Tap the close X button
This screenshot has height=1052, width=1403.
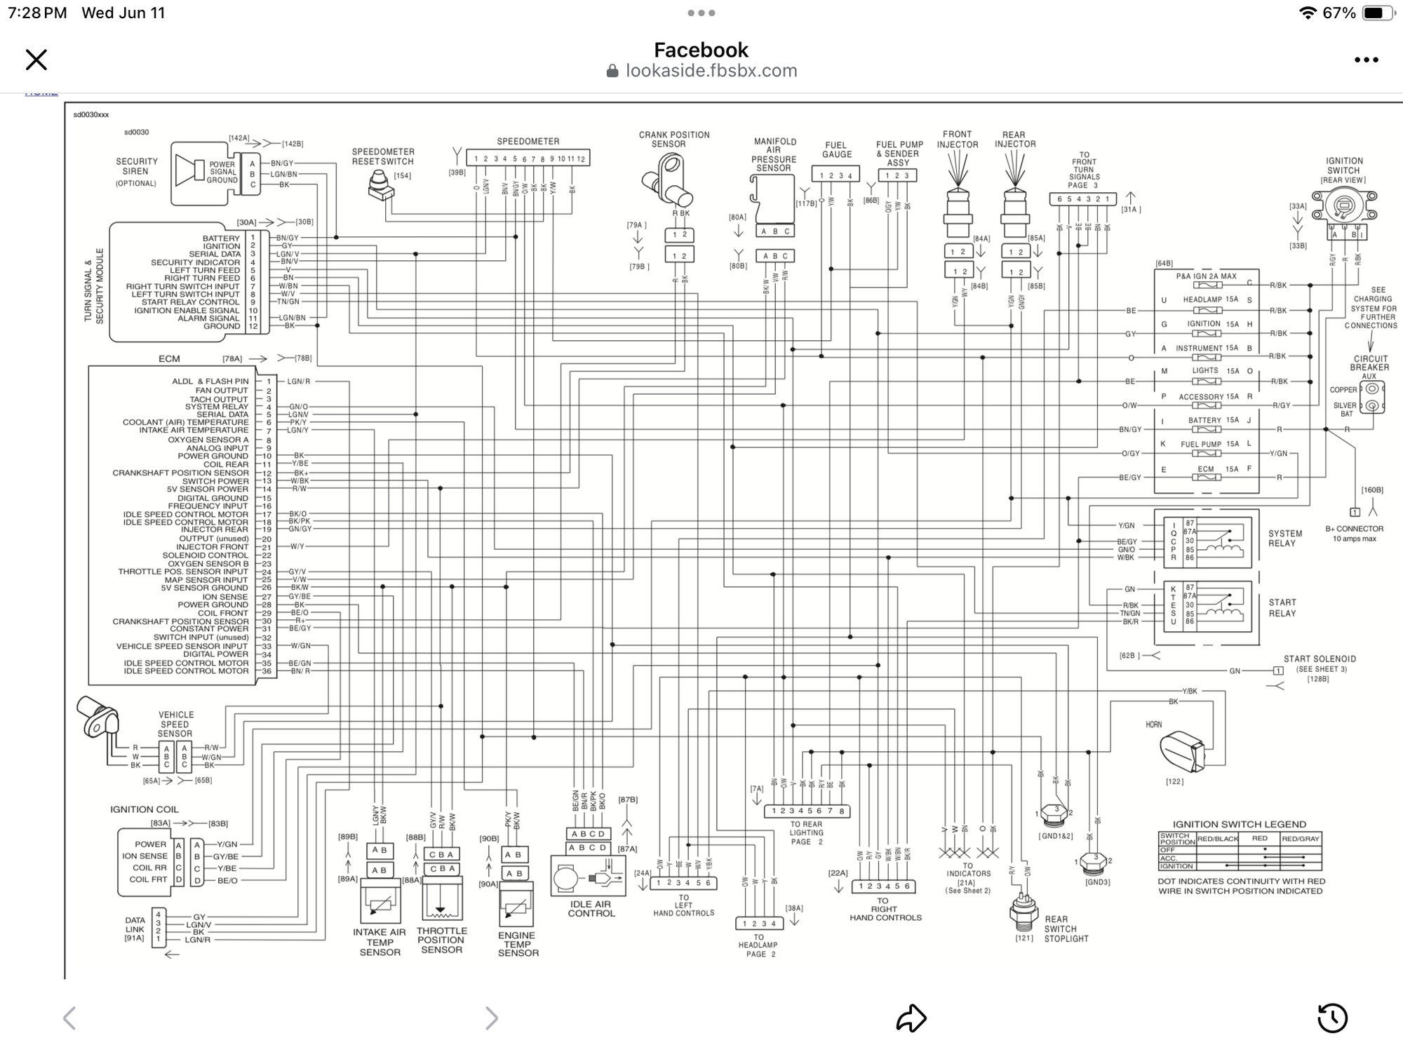(x=36, y=60)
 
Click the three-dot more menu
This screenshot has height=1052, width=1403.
(x=1366, y=60)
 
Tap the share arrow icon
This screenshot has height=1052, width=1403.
(x=911, y=1018)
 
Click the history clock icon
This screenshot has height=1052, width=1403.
(x=1332, y=1018)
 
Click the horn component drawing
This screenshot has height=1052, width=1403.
(x=1183, y=750)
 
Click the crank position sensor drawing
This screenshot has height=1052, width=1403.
(x=667, y=180)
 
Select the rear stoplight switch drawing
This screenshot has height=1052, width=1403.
(x=1023, y=911)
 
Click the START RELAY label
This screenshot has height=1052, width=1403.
(x=1282, y=607)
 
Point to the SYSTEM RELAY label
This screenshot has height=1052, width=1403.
(x=1284, y=538)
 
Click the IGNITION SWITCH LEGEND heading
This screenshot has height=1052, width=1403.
(x=1239, y=824)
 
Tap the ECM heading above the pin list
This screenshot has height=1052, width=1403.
(x=169, y=359)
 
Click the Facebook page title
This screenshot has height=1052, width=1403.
(x=701, y=50)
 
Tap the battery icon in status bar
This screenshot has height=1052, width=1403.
(x=1375, y=13)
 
